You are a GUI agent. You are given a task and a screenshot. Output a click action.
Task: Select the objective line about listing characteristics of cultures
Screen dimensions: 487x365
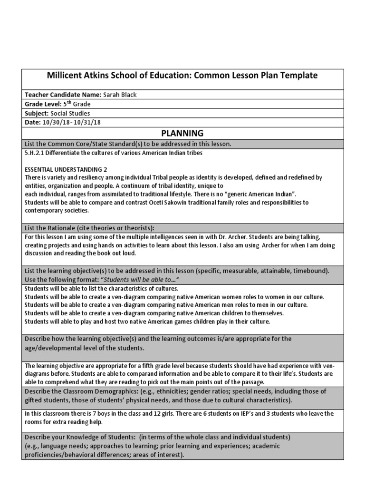(101, 289)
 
